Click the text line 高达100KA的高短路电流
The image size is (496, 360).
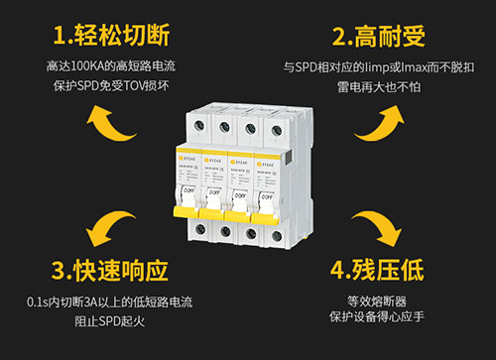pos(108,66)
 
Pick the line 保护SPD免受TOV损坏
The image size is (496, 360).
pos(108,84)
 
